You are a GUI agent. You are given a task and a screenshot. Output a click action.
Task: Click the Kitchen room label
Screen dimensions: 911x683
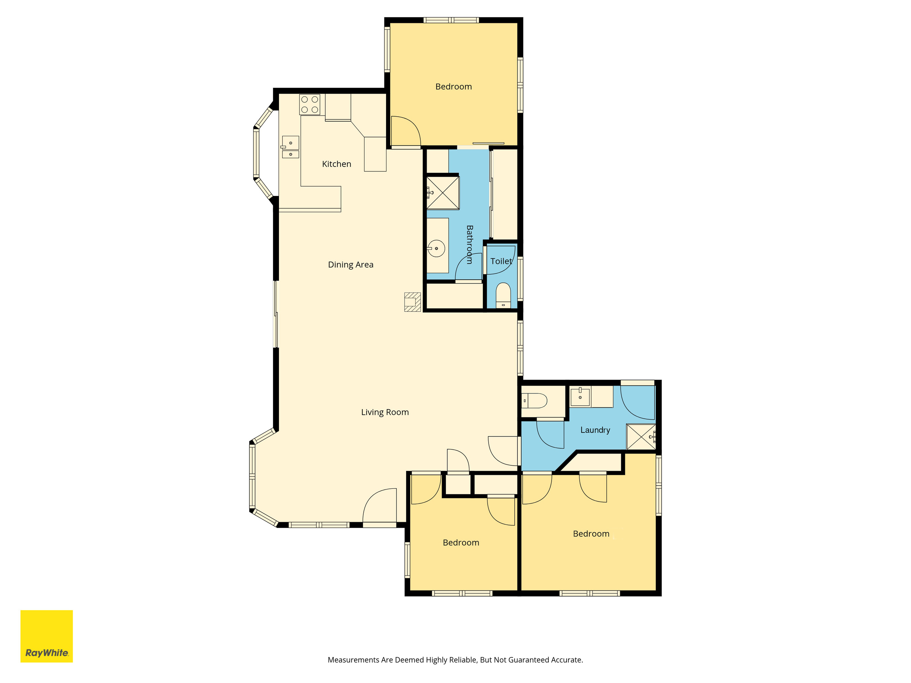click(337, 164)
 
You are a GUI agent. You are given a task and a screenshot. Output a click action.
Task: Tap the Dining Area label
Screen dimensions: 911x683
click(351, 265)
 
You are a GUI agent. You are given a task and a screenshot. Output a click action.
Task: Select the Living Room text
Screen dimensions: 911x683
click(385, 412)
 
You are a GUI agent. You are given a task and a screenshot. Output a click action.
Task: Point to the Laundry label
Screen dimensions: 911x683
click(595, 430)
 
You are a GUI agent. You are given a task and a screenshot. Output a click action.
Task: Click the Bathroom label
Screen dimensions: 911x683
click(469, 244)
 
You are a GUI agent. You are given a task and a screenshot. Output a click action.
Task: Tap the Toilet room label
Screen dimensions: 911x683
click(501, 261)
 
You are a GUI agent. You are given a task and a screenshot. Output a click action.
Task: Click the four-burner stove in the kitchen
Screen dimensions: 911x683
click(310, 105)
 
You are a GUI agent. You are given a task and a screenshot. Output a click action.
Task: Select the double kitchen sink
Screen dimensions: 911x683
click(290, 147)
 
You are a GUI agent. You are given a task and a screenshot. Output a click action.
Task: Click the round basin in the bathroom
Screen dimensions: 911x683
click(436, 249)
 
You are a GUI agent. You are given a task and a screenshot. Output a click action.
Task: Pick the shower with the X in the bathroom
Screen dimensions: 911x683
click(443, 193)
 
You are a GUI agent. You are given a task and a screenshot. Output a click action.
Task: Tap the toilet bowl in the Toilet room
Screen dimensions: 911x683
click(503, 295)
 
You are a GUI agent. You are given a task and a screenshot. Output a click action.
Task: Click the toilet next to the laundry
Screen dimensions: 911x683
click(534, 400)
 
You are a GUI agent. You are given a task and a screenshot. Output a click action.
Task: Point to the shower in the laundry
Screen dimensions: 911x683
click(641, 437)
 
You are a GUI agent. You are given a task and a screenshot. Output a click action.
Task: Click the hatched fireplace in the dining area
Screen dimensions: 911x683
click(412, 302)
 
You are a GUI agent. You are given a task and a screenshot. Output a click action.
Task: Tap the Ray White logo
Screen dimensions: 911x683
click(47, 636)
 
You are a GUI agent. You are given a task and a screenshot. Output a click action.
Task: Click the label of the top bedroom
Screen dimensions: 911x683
click(453, 87)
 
